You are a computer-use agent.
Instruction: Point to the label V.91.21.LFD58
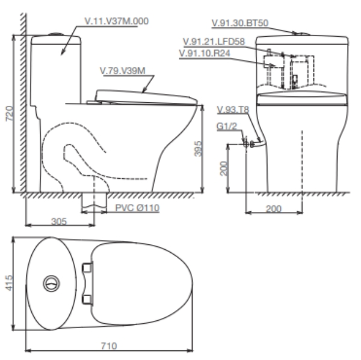(213, 42)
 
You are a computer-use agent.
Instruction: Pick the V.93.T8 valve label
(233, 109)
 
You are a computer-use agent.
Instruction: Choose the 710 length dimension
(110, 347)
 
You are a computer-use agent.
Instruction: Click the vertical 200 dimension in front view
(222, 168)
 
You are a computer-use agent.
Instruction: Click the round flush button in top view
(52, 282)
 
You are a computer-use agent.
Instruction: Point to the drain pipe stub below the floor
(94, 203)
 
